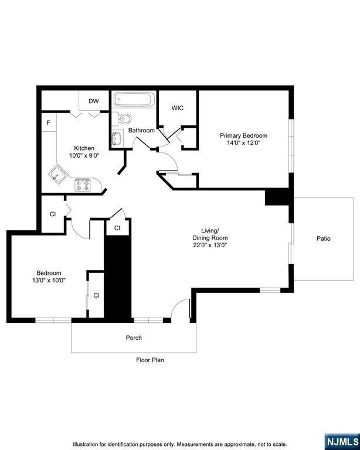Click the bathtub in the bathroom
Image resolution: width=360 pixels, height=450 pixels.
134,100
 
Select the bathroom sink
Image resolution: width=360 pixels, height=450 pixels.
116,139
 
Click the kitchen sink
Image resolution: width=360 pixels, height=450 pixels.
57,174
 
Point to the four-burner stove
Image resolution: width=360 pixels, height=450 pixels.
82,185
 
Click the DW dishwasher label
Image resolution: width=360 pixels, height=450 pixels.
94,101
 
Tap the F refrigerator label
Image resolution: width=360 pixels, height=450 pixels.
49,123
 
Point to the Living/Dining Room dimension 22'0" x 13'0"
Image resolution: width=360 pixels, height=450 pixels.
210,246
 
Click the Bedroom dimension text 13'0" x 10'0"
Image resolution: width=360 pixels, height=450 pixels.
49,280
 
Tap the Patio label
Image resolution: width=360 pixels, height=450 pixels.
323,238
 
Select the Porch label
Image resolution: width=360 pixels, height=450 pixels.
134,337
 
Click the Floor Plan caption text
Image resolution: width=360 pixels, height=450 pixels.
150,360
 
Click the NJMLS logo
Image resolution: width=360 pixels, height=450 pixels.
341,441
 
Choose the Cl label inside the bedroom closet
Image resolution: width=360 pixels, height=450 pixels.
96,295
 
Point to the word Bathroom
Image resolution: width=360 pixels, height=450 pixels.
141,130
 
